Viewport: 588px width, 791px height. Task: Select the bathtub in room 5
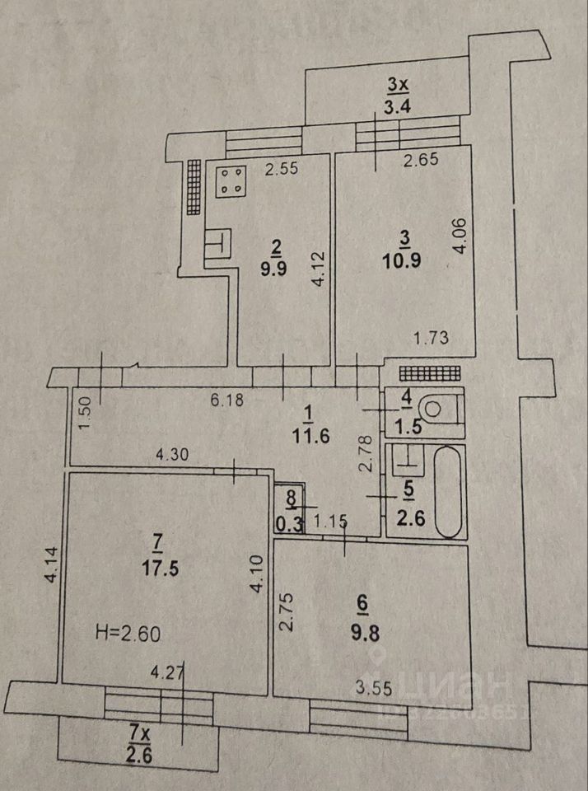coord(448,492)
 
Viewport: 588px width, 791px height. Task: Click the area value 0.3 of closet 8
coord(290,521)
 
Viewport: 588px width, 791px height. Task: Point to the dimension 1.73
coord(429,336)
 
